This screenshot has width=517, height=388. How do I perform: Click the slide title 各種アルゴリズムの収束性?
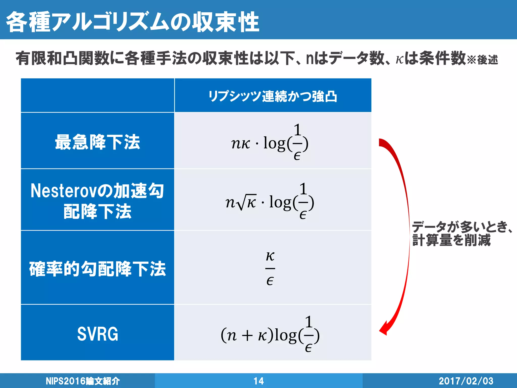133,22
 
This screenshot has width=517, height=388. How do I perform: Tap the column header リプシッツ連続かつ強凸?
273,96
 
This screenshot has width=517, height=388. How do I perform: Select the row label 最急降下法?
97,142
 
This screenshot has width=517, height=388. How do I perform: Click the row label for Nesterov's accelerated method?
97,201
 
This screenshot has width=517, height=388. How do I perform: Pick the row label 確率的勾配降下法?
97,269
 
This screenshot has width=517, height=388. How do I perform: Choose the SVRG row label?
97,334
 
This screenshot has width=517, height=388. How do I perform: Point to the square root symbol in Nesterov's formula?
243,202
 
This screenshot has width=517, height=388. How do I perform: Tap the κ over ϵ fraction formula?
270,268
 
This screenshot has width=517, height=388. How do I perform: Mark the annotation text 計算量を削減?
451,240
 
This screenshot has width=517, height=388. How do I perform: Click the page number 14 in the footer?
258,381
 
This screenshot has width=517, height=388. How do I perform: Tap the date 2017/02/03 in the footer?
466,381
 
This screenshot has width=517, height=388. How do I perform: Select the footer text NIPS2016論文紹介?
83,381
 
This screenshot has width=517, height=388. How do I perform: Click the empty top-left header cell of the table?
97,95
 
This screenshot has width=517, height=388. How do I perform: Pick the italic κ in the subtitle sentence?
399,60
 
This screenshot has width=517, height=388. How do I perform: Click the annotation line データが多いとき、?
462,227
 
